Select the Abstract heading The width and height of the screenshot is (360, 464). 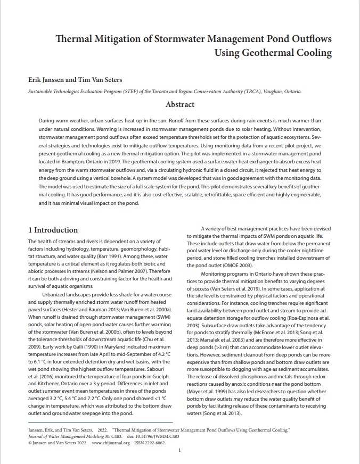click(x=180, y=104)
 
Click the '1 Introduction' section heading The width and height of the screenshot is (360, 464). click(x=53, y=230)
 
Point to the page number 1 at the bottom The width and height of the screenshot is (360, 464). click(x=180, y=450)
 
